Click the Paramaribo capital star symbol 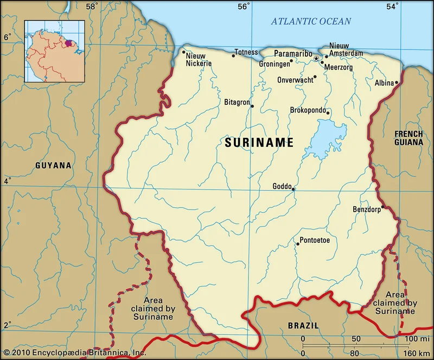click(x=316, y=58)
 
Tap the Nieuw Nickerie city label click(x=199, y=59)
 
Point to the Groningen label click(x=274, y=64)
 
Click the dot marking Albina click(x=397, y=83)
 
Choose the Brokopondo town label click(x=308, y=110)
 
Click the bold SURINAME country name click(x=259, y=143)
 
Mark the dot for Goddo click(x=293, y=190)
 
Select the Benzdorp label click(x=367, y=209)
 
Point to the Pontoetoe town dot click(x=297, y=244)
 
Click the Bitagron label click(x=237, y=102)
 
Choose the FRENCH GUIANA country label click(x=409, y=138)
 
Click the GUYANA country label click(x=53, y=165)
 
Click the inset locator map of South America click(x=54, y=51)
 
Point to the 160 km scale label click(x=417, y=353)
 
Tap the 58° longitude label click(x=91, y=7)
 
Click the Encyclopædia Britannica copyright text click(x=74, y=352)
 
